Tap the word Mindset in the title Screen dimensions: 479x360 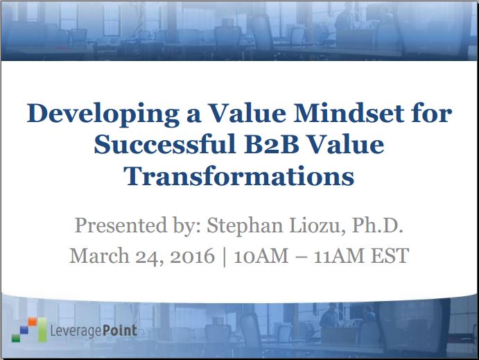coord(349,113)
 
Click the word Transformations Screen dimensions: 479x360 coord(239,176)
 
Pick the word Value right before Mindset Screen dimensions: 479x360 coord(247,113)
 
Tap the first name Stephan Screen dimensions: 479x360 coord(245,226)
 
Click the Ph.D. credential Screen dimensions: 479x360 coord(378,225)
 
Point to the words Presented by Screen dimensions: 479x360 coord(138,226)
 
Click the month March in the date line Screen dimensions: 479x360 coord(100,255)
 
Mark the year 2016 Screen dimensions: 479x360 coord(193,256)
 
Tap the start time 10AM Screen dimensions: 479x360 coord(261,256)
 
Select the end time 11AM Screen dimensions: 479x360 coord(340,256)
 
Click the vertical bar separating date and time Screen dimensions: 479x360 coord(225,257)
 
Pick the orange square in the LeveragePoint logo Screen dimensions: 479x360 coord(33,322)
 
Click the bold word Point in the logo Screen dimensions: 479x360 coord(120,331)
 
